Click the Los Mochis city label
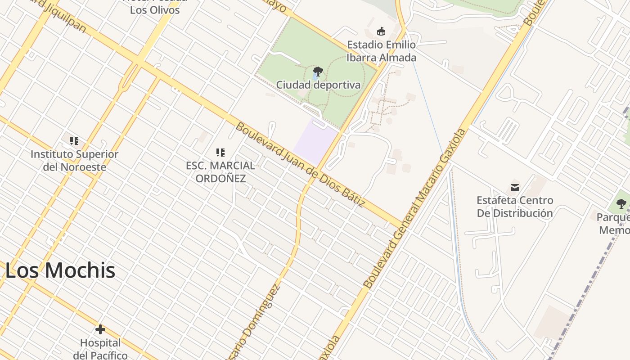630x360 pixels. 60,270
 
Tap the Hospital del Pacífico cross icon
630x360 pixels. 100,329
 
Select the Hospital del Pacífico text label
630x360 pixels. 100,349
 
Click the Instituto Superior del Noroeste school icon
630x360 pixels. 74,141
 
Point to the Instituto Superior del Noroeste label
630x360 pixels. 74,161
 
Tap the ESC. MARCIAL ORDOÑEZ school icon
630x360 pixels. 220,153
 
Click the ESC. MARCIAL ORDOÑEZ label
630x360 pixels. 220,172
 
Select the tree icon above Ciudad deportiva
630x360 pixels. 318,71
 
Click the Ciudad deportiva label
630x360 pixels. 318,85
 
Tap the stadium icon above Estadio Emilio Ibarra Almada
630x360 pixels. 381,31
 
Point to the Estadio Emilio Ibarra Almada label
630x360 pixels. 381,51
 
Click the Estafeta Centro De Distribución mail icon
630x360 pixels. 515,187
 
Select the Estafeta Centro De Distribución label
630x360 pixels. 515,207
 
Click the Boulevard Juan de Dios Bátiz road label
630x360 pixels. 300,165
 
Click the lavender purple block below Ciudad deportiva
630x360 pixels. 315,140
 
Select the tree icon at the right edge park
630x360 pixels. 621,203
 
